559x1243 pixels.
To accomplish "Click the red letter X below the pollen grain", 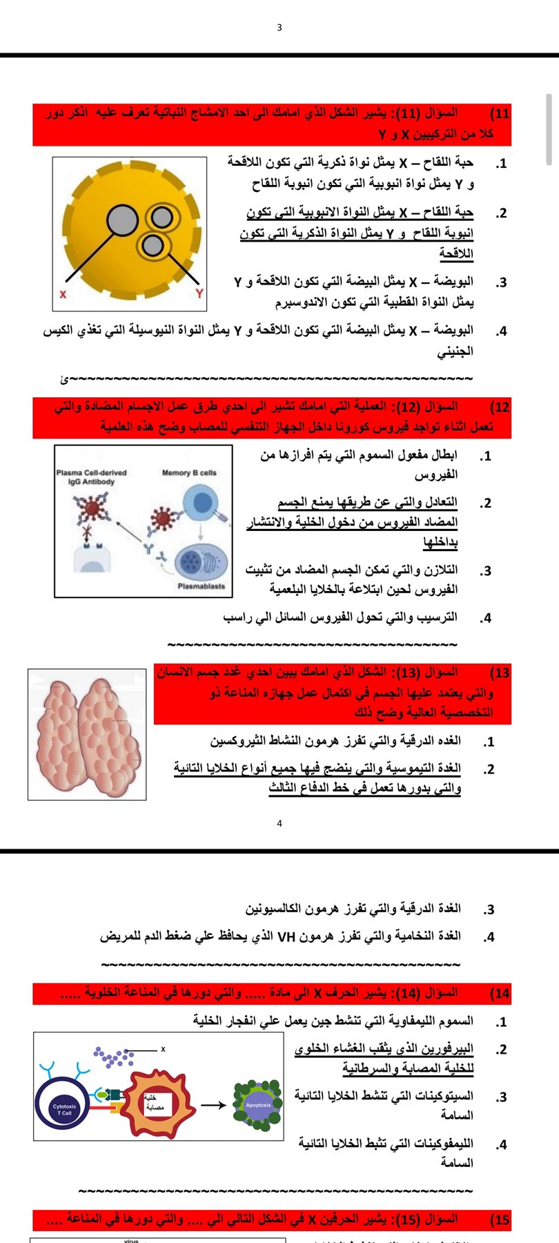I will coord(63,294).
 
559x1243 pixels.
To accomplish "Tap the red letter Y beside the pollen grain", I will coord(199,293).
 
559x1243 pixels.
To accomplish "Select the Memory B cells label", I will coord(189,473).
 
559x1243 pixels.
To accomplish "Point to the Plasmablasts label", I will coord(201,586).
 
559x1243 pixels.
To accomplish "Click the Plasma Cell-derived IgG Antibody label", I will coord(91,477).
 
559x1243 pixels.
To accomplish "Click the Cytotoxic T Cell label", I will coord(64,1110).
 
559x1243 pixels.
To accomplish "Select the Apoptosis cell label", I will coord(258,1105).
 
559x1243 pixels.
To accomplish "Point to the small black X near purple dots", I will coord(163,1049).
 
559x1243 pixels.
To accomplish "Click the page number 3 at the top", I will coord(279,28).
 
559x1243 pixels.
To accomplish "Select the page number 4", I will coord(279,823).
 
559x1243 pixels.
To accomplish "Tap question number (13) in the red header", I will coord(500,673).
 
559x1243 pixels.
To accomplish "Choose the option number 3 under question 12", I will coord(486,571).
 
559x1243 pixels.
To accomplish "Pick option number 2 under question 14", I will coord(501,1050).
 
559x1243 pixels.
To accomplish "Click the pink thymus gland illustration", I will coord(88,733).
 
